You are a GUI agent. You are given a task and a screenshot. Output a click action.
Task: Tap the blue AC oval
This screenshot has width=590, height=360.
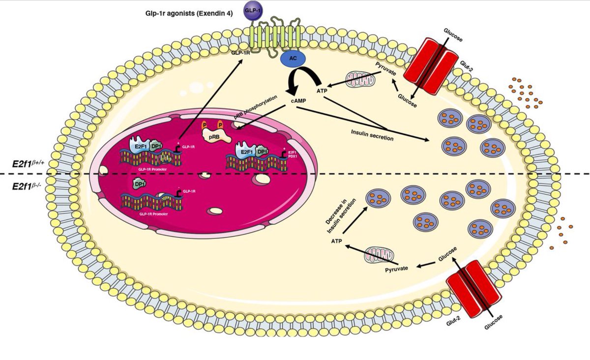[293, 59]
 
